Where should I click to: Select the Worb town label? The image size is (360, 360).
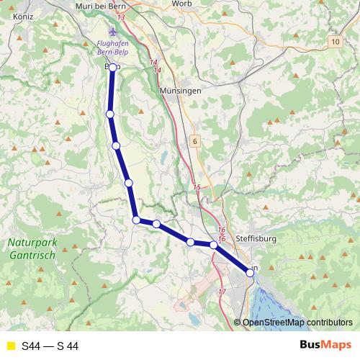pos(181,4)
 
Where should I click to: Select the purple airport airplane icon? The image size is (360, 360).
pos(112,32)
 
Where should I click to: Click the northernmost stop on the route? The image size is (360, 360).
pos(112,68)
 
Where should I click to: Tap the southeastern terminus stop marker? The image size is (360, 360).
pos(250,272)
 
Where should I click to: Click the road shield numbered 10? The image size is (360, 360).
pos(336,43)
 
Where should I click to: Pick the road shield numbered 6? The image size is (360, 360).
pos(194,142)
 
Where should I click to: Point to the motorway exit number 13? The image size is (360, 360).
pos(120,17)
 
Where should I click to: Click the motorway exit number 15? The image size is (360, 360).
pos(197,187)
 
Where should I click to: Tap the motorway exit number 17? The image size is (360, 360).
pos(221,292)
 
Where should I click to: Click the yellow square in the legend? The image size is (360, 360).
pos(10,346)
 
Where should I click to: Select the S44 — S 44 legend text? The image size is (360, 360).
pos(50,346)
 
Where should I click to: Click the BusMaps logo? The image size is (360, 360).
pos(323,346)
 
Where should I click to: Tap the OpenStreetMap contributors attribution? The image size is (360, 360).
pos(297,323)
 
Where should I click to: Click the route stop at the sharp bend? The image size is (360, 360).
pos(136,220)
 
